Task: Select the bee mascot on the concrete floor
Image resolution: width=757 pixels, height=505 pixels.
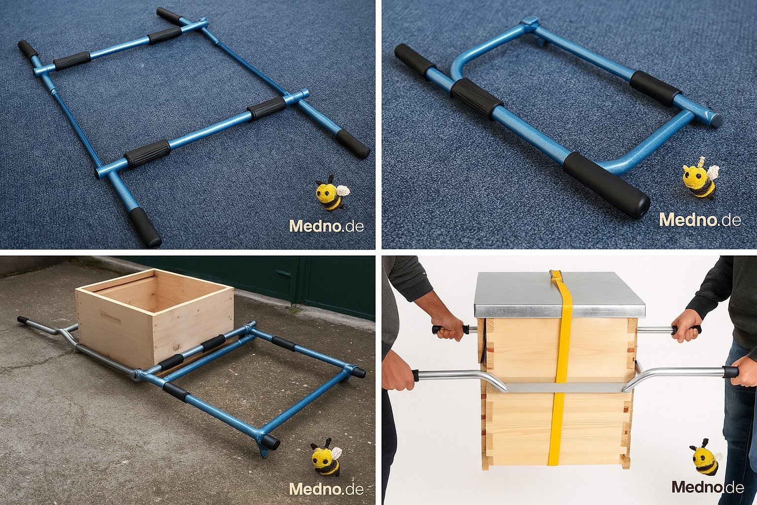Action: pos(326,457)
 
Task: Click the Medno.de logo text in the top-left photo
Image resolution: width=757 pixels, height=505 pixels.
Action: pos(326,225)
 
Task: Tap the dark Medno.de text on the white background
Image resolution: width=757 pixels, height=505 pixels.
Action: pos(707,487)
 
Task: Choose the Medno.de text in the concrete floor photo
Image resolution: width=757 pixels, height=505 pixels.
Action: pos(326,489)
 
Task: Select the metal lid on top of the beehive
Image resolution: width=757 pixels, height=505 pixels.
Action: pos(559,293)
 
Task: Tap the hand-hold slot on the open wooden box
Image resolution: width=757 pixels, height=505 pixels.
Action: pos(110,317)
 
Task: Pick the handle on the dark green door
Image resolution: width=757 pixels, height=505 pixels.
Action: pos(283,273)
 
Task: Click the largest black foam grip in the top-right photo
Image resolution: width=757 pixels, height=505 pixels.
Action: pos(606,184)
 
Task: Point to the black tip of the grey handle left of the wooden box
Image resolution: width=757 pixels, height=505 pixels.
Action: pos(23,319)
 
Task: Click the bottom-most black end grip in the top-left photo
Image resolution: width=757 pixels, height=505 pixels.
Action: pos(145,227)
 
